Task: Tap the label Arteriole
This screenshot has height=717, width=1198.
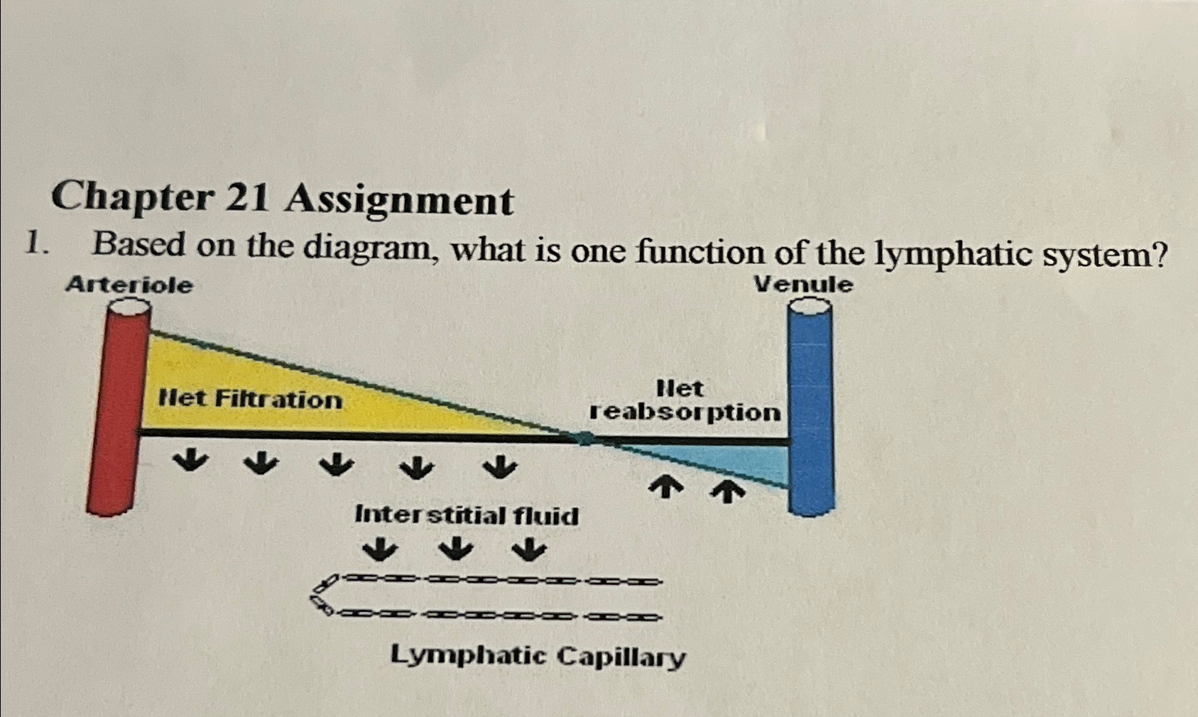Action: click(x=129, y=285)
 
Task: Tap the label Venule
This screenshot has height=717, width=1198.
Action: click(x=803, y=285)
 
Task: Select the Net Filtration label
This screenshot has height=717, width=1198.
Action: click(x=250, y=399)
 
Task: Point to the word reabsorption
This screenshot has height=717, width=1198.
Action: click(x=685, y=412)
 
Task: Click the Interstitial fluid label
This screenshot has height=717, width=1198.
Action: click(x=467, y=515)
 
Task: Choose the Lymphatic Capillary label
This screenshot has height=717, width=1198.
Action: click(x=538, y=656)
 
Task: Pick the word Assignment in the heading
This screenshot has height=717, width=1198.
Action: click(x=398, y=200)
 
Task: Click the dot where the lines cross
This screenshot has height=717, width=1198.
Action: click(x=585, y=438)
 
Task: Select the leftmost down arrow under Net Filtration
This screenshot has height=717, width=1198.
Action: click(x=190, y=462)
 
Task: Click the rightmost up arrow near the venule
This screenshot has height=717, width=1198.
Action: click(x=726, y=490)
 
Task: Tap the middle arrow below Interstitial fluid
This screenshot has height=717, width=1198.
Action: click(x=455, y=548)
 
